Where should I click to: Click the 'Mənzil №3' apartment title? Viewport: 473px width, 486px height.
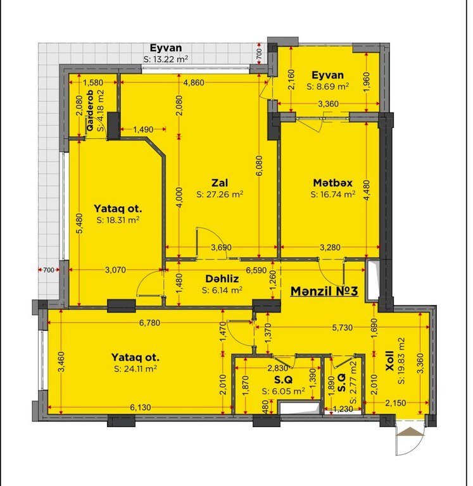pos(324,291)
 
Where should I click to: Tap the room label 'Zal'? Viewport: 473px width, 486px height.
pos(220,182)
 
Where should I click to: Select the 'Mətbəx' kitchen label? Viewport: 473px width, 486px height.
pos(333,183)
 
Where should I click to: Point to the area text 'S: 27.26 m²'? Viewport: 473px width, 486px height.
pos(220,194)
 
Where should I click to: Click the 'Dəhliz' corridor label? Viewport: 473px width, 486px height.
pos(222,278)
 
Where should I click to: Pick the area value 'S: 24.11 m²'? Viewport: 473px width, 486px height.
pos(136,368)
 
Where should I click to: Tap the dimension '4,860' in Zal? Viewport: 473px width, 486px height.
pos(194,82)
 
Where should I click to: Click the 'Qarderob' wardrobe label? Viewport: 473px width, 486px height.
pos(91,110)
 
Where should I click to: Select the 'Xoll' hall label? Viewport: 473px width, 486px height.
pos(389,361)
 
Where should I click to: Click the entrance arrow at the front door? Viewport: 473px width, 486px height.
pos(410,432)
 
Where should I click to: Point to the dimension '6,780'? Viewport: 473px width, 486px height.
pos(150,323)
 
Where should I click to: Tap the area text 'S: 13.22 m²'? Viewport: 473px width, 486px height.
pos(166,59)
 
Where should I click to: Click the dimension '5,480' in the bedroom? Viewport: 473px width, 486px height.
pos(80,223)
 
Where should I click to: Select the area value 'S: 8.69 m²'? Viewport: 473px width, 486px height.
pos(328,87)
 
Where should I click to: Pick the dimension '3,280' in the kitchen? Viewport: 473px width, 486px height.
pos(330,247)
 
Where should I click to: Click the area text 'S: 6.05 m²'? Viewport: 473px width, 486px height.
pos(283,391)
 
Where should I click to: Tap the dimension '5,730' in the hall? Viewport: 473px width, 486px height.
pos(342,327)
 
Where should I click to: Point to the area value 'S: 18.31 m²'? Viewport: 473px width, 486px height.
pos(118,220)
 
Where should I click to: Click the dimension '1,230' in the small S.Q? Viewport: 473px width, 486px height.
pos(343,409)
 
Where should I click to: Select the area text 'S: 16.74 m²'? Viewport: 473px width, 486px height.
pos(333,194)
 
